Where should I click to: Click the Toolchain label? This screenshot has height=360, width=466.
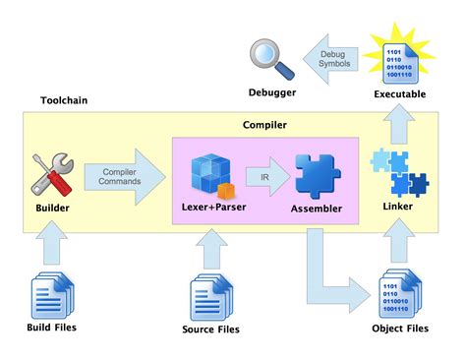pyautogui.click(x=65, y=101)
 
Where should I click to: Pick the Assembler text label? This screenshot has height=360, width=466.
pyautogui.click(x=316, y=209)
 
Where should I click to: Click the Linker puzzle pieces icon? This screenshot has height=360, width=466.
pyautogui.click(x=397, y=172)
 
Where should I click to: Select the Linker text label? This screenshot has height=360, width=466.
pyautogui.click(x=397, y=207)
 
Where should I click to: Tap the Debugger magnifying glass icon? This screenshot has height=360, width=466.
pyautogui.click(x=270, y=56)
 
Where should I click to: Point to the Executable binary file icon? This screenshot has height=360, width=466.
pyautogui.click(x=398, y=54)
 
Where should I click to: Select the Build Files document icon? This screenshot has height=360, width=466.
pyautogui.click(x=48, y=291)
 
